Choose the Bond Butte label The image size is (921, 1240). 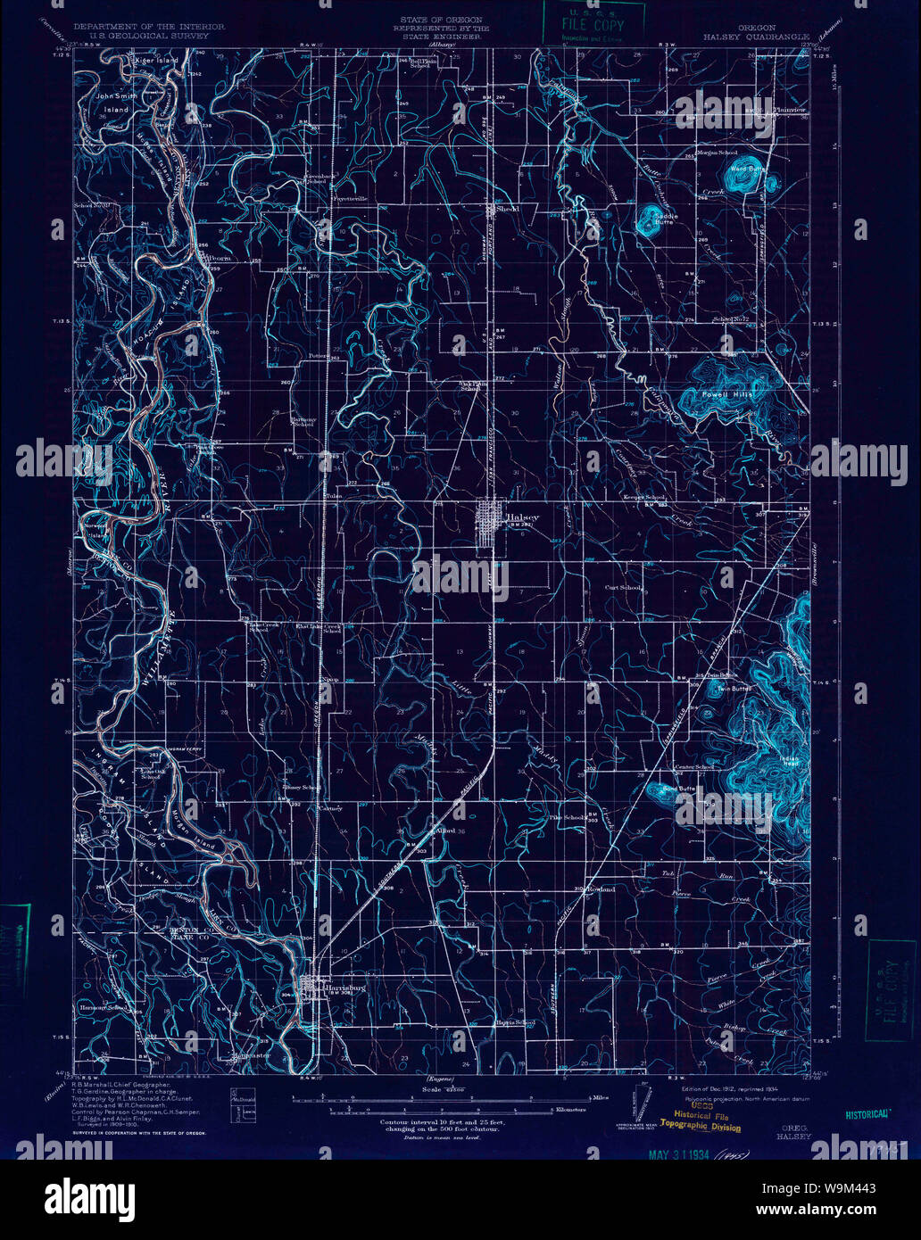679,789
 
